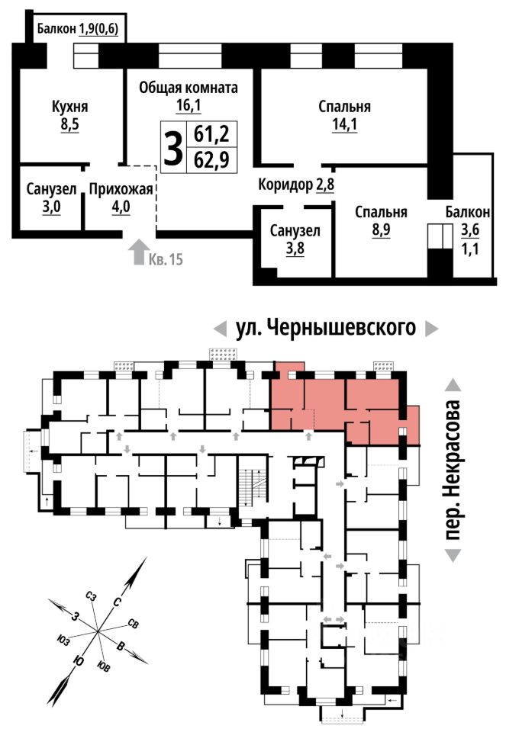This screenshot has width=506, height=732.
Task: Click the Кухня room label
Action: (69, 107)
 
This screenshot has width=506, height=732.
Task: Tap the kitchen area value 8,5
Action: (69, 125)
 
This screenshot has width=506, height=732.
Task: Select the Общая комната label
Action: (189, 87)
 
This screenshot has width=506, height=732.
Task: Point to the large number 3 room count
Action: (173, 147)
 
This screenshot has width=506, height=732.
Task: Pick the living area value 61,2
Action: (211, 134)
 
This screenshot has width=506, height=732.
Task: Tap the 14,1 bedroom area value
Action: (344, 125)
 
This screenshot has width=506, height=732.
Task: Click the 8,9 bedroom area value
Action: (381, 230)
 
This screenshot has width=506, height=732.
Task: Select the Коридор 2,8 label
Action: (296, 185)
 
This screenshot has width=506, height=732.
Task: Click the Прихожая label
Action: (121, 189)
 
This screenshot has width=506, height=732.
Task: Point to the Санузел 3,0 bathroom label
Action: (51, 197)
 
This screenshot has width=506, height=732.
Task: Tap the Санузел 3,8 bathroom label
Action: (295, 239)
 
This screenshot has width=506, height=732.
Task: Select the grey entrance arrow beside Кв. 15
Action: (138, 252)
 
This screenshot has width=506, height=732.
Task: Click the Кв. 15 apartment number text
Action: (166, 259)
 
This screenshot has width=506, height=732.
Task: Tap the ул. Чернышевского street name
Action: (326, 328)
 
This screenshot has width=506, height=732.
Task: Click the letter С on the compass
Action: (118, 602)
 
